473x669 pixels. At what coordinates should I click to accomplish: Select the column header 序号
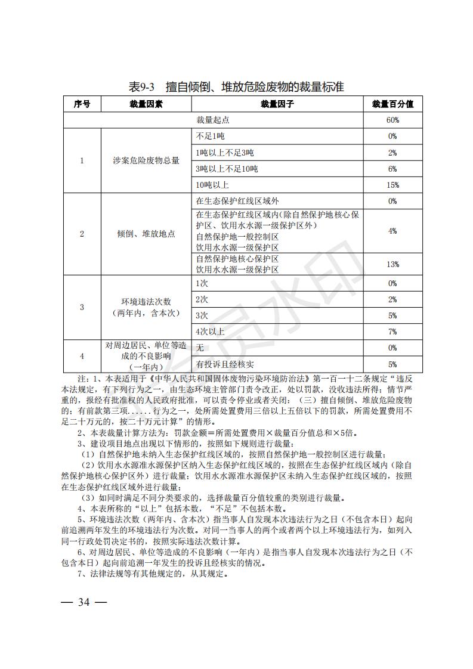click(82, 104)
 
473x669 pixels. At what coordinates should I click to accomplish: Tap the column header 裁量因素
click(146, 104)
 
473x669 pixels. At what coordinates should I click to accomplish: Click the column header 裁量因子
click(277, 104)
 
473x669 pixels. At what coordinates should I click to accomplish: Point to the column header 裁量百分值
click(392, 104)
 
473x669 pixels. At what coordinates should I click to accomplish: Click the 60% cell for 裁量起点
click(392, 120)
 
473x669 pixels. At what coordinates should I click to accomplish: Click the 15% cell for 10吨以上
click(392, 185)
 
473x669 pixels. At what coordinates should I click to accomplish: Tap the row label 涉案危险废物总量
click(146, 161)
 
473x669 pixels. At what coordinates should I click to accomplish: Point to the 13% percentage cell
click(392, 264)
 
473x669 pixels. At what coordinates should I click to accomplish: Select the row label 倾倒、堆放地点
click(146, 234)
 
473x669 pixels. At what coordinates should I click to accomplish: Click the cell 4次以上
click(210, 331)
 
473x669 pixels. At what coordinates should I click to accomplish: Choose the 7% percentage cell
click(392, 331)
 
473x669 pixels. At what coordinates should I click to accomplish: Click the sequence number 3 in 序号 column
click(82, 307)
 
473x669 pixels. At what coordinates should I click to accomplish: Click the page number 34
click(84, 602)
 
